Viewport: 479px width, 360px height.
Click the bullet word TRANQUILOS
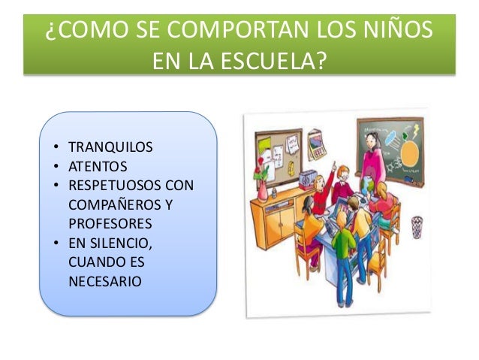(110, 147)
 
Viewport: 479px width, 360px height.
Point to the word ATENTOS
(98, 166)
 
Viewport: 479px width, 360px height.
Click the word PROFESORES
(110, 224)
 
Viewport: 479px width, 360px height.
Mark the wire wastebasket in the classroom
(417, 226)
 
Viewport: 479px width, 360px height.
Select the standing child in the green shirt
(344, 252)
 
